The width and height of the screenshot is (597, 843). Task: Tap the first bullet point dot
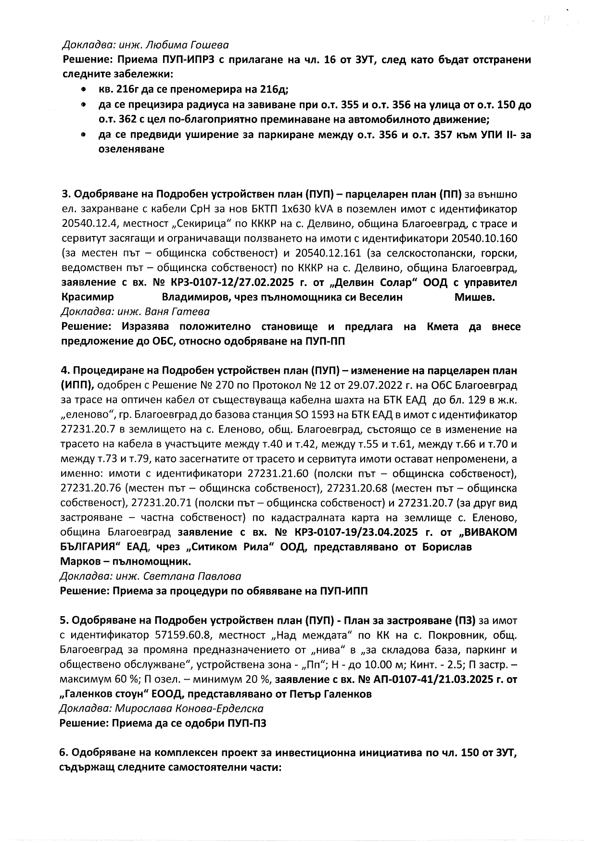pyautogui.click(x=84, y=90)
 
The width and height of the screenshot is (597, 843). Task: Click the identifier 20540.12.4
pyautogui.click(x=88, y=223)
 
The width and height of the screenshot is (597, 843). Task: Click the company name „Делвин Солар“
pyautogui.click(x=377, y=283)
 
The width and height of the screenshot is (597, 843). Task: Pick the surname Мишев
pyautogui.click(x=474, y=297)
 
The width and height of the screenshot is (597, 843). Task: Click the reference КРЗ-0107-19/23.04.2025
pyautogui.click(x=353, y=533)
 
